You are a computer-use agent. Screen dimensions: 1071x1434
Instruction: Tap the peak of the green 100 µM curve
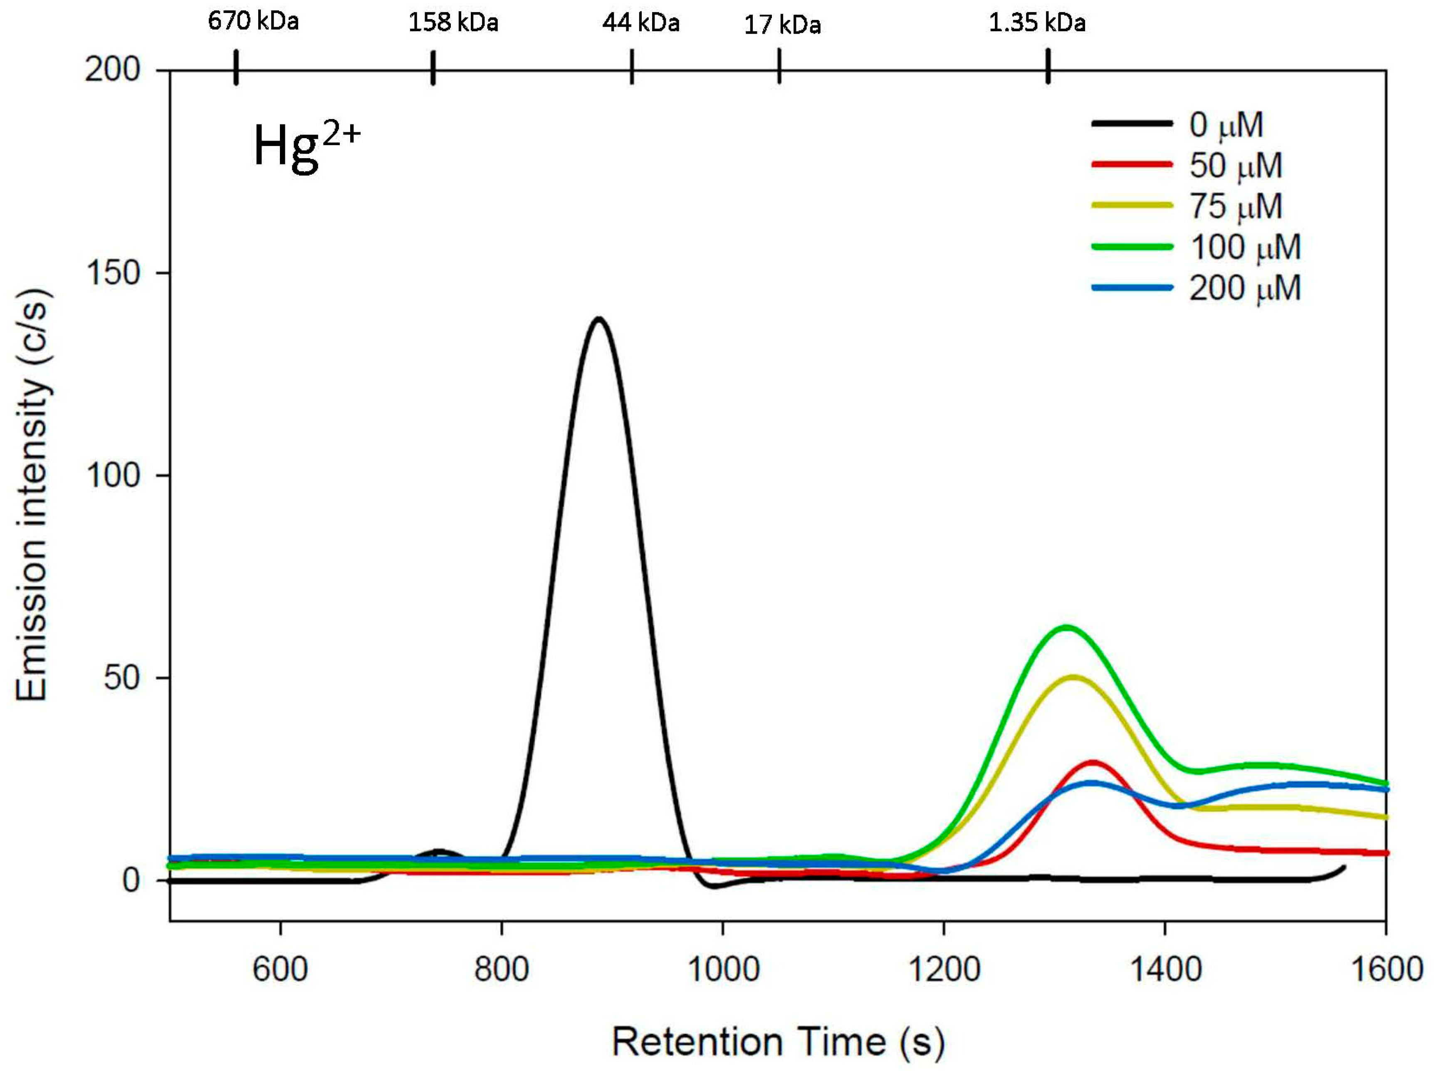1066,627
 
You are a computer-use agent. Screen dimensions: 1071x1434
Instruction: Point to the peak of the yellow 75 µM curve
1073,677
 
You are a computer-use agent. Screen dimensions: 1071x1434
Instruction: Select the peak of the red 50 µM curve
1093,762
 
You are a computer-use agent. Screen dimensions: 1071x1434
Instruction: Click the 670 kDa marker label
253,21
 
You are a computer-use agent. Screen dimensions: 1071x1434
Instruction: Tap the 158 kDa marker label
453,23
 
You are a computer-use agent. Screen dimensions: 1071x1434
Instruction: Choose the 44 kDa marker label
640,23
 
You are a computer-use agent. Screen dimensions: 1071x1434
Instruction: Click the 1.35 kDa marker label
1037,23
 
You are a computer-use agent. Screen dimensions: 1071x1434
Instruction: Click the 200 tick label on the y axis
113,69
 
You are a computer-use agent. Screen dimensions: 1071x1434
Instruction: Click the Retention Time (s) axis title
778,1042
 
